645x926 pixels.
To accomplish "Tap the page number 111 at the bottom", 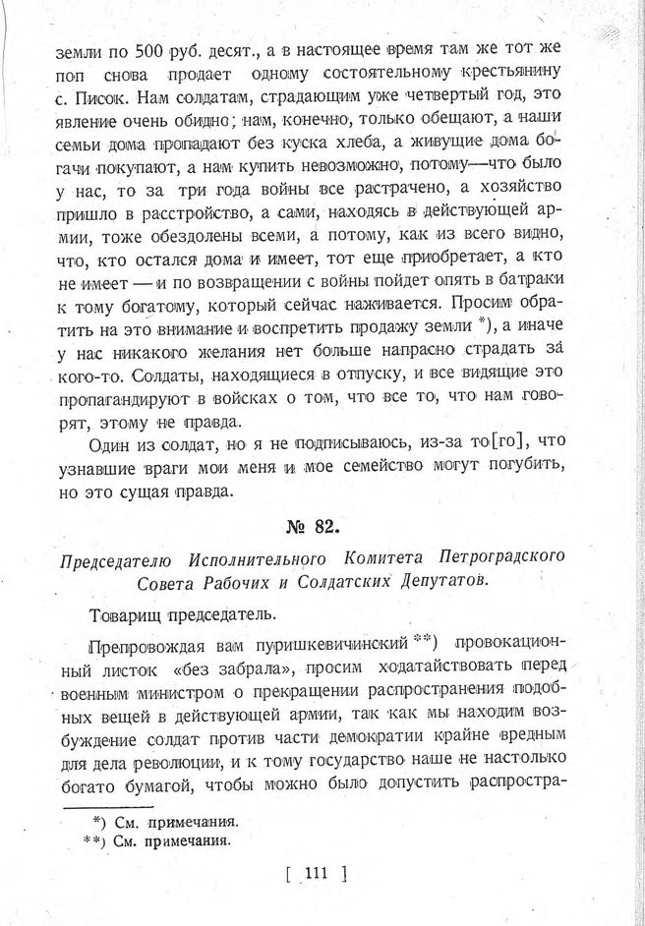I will coord(318,871).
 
